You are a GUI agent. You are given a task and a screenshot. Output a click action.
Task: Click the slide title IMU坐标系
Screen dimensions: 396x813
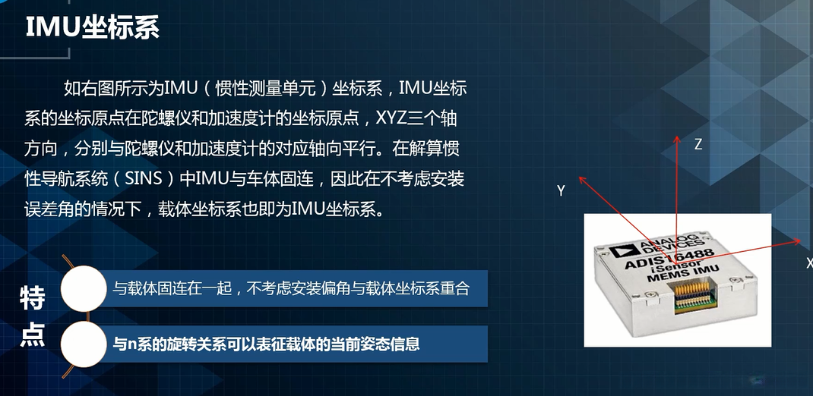[x=93, y=27]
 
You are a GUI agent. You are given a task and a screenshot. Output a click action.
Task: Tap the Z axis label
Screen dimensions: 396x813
[x=698, y=144]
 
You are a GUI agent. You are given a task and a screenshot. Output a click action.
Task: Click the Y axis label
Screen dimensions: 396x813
[x=561, y=191]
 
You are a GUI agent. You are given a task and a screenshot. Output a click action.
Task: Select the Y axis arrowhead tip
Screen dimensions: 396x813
[x=580, y=177]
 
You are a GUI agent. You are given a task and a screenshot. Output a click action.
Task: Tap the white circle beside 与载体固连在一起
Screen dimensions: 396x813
[x=83, y=288]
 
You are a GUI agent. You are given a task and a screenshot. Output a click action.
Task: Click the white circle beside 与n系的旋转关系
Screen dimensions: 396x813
[x=83, y=344]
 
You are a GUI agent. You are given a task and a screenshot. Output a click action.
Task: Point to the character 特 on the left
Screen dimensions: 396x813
[x=33, y=297]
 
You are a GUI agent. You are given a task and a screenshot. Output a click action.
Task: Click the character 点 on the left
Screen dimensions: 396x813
[x=33, y=334]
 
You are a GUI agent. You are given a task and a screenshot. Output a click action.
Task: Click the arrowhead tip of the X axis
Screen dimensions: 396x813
[x=802, y=240]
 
